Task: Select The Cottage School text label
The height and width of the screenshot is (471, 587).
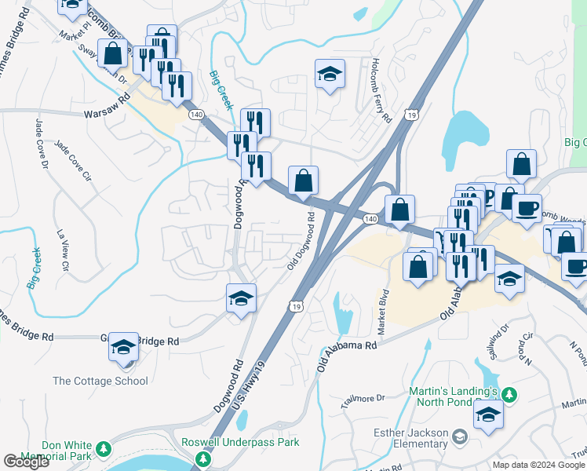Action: pyautogui.click(x=100, y=382)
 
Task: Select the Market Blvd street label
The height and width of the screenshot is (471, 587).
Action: pyautogui.click(x=384, y=312)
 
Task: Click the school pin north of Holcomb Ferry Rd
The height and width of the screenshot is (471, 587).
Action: pyautogui.click(x=330, y=75)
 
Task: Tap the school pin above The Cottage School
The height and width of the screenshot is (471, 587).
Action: pyautogui.click(x=123, y=346)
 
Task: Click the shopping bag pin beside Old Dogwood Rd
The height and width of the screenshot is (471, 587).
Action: pyautogui.click(x=303, y=181)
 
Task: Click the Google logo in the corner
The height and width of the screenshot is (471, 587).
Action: pyautogui.click(x=26, y=462)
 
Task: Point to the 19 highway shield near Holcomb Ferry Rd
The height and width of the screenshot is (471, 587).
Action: pyautogui.click(x=410, y=115)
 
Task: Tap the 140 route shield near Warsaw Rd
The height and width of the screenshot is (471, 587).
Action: pyautogui.click(x=197, y=115)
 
